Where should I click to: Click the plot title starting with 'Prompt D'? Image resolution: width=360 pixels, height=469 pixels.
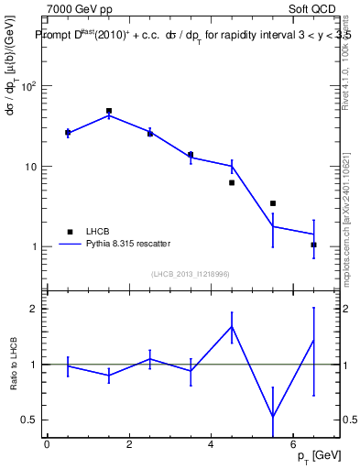tap(192, 35)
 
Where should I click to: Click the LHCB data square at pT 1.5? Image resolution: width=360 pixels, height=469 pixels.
tap(109, 111)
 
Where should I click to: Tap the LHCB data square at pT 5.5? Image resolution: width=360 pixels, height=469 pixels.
tap(273, 203)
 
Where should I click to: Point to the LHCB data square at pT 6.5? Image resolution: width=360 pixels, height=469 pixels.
tap(313, 245)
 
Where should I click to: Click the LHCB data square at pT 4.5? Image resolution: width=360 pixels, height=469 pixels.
tap(232, 182)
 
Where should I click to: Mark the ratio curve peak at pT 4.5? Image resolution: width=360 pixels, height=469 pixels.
tap(232, 326)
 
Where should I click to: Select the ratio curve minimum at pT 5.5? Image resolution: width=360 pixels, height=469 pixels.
tap(273, 417)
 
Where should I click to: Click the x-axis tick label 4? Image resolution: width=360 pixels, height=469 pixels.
tap(211, 444)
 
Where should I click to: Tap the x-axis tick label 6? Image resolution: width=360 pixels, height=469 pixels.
tap(292, 444)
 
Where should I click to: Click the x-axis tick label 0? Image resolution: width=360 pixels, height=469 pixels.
tap(48, 444)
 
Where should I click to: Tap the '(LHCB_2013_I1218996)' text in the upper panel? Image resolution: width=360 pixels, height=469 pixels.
tap(191, 274)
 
